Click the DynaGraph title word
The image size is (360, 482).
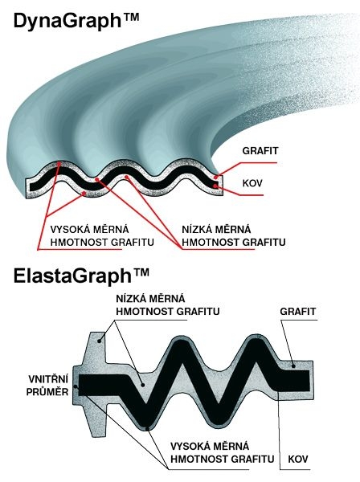click(x=67, y=21)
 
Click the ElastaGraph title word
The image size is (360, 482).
click(x=72, y=276)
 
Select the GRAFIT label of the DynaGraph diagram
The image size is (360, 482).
click(x=260, y=151)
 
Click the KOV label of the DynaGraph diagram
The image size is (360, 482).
click(x=252, y=183)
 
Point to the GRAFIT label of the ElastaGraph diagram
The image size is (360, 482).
click(x=297, y=312)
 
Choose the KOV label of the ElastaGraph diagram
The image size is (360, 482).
click(x=298, y=460)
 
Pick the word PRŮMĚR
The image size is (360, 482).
click(x=47, y=392)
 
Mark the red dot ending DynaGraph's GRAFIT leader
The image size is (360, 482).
click(x=216, y=177)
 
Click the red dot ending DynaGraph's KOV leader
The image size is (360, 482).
click(x=216, y=186)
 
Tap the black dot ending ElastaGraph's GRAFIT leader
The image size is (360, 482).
click(x=293, y=366)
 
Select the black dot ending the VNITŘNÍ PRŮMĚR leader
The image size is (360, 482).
click(x=76, y=386)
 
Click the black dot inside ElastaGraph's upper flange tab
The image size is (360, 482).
click(x=100, y=341)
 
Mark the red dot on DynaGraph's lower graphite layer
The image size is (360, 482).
click(x=84, y=193)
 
